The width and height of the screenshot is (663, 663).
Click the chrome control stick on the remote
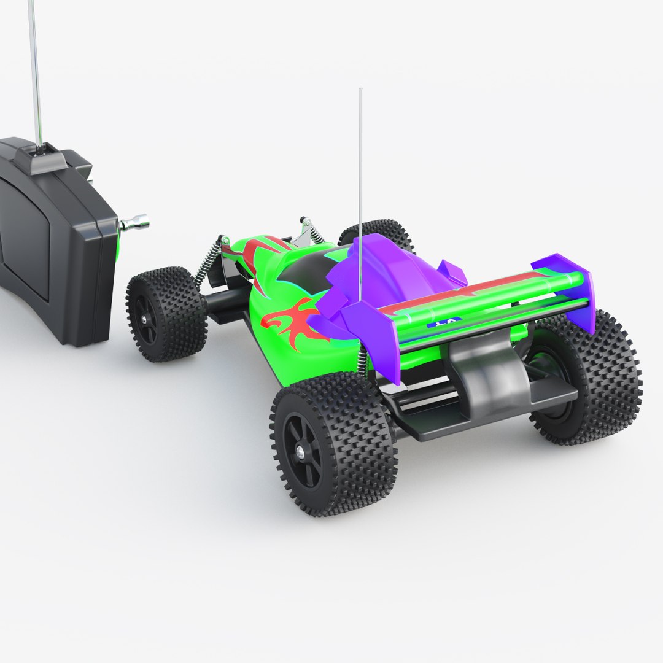[136, 223]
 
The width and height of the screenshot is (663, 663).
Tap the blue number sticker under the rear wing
[443, 322]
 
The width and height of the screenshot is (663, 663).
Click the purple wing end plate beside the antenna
[374, 338]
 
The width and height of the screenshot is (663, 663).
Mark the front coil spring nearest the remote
[208, 260]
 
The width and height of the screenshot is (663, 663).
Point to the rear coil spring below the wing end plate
[363, 362]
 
